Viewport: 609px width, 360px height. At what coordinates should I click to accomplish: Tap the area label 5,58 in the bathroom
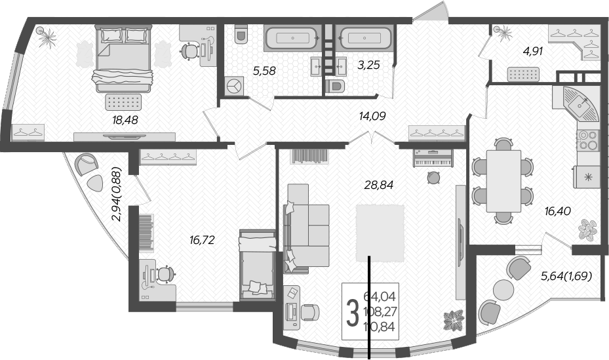point(264,71)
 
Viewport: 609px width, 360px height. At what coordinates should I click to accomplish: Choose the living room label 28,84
point(379,186)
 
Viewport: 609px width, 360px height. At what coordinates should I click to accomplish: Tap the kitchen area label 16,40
point(558,211)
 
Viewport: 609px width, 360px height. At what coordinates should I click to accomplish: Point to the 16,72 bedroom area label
point(202,241)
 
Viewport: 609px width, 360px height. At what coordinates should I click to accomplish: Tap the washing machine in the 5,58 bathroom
point(235,86)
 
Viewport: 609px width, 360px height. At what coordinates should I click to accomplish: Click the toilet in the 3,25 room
point(336,86)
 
